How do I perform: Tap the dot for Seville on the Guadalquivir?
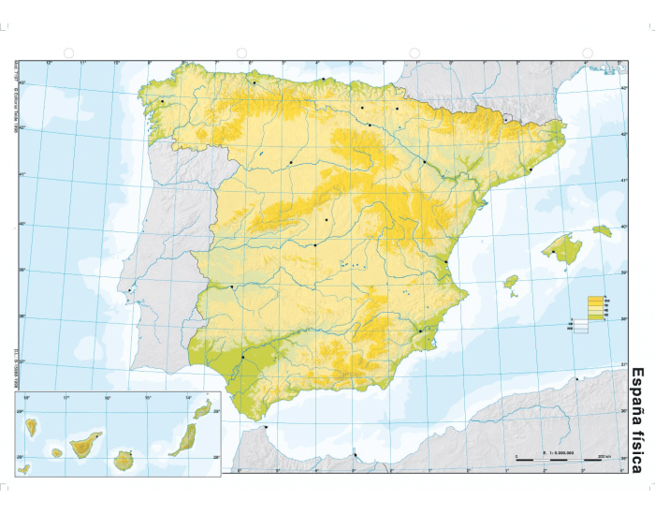click(242, 357)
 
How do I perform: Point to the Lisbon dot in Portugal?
click(129, 290)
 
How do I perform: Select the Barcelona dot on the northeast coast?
click(530, 169)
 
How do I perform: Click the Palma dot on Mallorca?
click(554, 251)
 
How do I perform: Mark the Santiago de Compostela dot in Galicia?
click(162, 101)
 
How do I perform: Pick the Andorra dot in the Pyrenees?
click(505, 119)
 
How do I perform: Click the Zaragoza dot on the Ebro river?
click(424, 162)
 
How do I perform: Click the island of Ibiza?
click(511, 281)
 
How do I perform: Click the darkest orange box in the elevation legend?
click(594, 299)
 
